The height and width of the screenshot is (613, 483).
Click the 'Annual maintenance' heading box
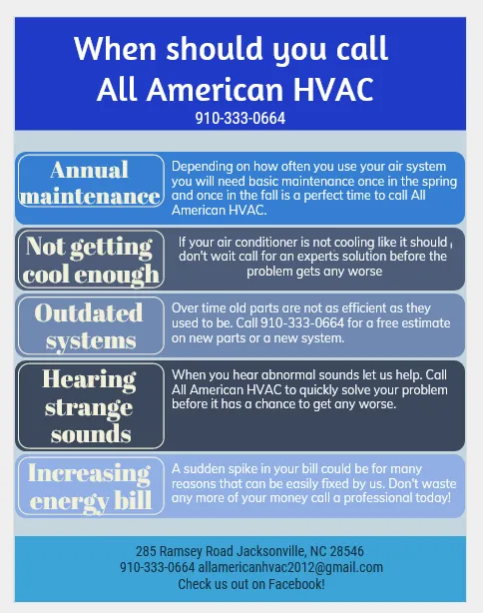[91, 183]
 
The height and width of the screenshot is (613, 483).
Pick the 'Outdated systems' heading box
[89, 326]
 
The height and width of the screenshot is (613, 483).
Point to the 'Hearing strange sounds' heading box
[91, 406]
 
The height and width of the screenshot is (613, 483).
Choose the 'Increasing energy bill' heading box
[89, 485]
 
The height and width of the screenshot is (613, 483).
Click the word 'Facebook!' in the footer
[295, 583]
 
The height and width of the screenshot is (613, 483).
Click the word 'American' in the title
[206, 90]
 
